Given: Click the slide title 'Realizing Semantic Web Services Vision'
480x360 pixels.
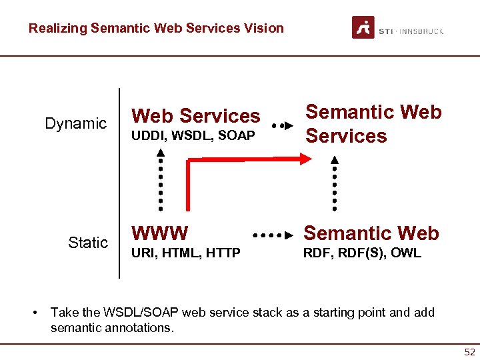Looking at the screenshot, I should click(156, 28).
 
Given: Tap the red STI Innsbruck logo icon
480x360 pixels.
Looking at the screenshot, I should click(363, 27).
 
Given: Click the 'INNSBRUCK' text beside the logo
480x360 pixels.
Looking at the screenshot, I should click(423, 31).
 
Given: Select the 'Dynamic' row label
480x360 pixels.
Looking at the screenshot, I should click(75, 123).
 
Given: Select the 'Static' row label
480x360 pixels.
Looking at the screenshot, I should click(87, 243).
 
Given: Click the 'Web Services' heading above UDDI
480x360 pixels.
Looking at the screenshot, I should click(196, 116).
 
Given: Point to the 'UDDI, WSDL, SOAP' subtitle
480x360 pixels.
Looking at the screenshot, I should click(193, 136).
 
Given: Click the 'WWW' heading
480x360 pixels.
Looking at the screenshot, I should click(160, 233).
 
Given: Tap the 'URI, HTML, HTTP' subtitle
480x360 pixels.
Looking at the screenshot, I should click(186, 253).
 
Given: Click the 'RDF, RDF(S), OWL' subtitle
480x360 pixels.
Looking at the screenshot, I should click(363, 253).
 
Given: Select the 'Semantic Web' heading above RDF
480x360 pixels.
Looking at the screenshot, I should click(371, 233).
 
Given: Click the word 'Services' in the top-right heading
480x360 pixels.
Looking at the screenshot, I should click(346, 136).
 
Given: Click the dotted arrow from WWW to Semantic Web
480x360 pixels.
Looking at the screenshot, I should click(273, 235).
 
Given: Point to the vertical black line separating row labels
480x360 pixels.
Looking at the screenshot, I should click(119, 183).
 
